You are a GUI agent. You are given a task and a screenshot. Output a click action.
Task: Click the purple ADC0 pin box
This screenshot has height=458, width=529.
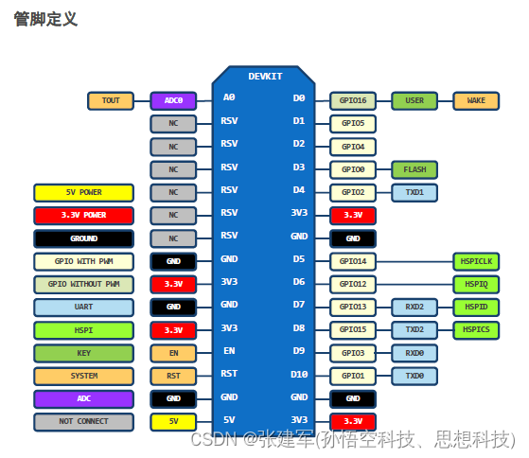[x=173, y=100]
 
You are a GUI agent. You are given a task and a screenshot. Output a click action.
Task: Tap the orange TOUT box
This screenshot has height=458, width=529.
[x=111, y=100]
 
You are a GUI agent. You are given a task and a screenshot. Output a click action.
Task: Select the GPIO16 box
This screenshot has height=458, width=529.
[x=353, y=100]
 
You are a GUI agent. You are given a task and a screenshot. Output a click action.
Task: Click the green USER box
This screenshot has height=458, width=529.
[x=414, y=100]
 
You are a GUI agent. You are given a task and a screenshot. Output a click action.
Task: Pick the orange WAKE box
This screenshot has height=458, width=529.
[x=475, y=100]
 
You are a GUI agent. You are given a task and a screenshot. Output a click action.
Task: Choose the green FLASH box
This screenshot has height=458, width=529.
[x=414, y=169]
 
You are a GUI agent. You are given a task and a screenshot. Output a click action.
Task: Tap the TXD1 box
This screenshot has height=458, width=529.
[x=414, y=192]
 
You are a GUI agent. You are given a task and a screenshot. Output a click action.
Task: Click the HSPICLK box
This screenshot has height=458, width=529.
[x=475, y=261]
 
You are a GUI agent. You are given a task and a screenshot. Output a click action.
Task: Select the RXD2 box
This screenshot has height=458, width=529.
[x=414, y=307]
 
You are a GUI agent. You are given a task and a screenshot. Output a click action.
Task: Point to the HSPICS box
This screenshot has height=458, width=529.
[x=475, y=329]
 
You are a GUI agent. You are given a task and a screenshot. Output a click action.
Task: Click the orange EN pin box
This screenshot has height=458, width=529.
[x=173, y=352]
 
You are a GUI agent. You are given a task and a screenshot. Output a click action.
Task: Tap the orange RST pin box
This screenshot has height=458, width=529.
[x=173, y=376]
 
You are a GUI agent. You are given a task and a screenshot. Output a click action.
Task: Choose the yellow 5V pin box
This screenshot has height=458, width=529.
[x=173, y=421]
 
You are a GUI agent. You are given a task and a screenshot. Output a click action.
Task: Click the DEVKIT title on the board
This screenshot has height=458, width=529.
[x=264, y=76]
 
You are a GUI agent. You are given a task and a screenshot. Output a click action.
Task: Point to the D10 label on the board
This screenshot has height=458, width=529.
[x=299, y=375]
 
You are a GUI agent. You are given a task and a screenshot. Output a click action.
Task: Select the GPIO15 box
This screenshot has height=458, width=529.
[x=353, y=329]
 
